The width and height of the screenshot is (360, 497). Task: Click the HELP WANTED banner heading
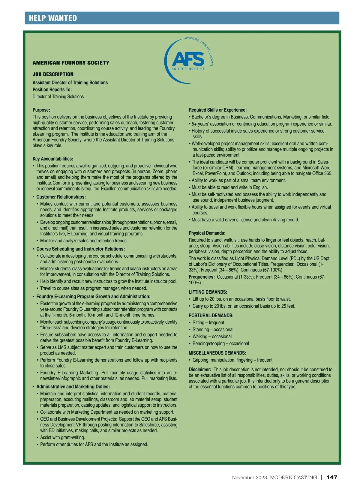[53, 18]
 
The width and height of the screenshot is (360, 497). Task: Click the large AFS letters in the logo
[188, 59]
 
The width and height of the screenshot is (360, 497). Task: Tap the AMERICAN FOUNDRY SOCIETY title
[71, 63]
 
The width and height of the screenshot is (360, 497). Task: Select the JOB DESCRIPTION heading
[53, 74]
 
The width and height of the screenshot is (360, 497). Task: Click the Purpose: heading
[41, 110]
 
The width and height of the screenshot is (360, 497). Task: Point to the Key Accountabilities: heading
[53, 159]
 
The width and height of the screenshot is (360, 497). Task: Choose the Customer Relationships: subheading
[61, 197]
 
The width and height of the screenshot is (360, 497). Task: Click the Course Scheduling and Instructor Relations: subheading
[80, 249]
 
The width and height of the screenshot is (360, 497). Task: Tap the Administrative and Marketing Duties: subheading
[73, 387]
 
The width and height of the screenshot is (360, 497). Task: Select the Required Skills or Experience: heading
[217, 110]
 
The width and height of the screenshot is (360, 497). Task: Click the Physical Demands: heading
[207, 233]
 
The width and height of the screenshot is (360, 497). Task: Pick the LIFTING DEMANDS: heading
[208, 292]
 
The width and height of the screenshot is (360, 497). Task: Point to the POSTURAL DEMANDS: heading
[211, 316]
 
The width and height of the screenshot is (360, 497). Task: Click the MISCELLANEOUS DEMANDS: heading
[217, 353]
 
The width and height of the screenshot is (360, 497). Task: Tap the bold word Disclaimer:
[200, 370]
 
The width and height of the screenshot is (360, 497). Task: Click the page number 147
[332, 478]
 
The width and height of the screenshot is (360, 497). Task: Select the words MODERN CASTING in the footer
[293, 478]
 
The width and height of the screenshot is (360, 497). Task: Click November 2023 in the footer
[249, 478]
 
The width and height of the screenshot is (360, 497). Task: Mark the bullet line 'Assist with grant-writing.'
[62, 438]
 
